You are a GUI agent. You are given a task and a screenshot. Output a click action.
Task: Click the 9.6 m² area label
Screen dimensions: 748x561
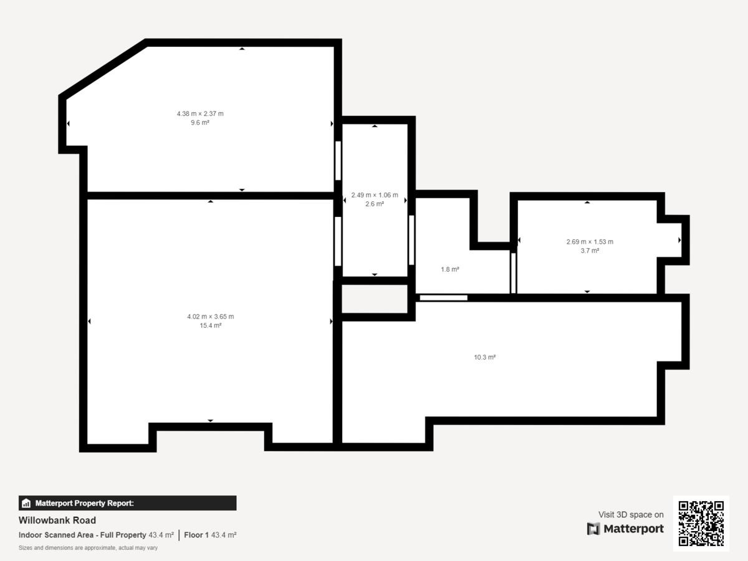[x=200, y=123]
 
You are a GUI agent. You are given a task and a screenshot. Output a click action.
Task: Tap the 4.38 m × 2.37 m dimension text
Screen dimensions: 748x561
[x=200, y=114]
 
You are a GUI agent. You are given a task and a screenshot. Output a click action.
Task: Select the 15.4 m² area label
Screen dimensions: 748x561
[x=211, y=325]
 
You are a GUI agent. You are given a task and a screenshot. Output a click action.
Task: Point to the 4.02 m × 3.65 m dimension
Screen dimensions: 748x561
[x=211, y=317]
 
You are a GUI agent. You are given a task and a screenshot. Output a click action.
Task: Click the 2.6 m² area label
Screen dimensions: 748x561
[x=375, y=204]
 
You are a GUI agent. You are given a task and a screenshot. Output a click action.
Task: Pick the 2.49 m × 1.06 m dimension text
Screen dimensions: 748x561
[x=375, y=195]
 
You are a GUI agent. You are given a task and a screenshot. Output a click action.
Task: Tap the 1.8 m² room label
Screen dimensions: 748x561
[x=450, y=269]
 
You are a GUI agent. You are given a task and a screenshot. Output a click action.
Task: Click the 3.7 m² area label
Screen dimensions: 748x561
[x=590, y=251]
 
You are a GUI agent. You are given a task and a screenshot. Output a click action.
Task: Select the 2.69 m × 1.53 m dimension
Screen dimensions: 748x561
[x=590, y=242]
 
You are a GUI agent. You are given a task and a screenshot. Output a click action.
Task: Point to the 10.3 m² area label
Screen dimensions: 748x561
[x=484, y=357]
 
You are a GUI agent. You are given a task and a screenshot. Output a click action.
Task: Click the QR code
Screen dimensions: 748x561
[x=701, y=524]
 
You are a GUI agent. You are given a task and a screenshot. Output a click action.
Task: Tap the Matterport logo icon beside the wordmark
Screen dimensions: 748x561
[x=593, y=529]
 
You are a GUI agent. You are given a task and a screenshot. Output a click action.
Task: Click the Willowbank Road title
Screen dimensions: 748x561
[x=57, y=520]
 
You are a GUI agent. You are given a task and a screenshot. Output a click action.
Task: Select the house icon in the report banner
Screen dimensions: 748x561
[x=26, y=503]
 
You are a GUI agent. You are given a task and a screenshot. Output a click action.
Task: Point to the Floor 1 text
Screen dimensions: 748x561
[x=196, y=535]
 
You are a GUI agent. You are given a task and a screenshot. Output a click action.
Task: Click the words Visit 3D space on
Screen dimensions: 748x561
[x=631, y=515]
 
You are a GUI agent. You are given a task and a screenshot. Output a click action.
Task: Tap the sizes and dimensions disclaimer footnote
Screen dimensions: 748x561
[x=89, y=548]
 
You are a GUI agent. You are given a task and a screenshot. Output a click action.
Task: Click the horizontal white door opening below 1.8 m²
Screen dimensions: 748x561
[x=443, y=298]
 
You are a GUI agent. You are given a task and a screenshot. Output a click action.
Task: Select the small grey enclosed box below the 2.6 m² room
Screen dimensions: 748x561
[x=375, y=299]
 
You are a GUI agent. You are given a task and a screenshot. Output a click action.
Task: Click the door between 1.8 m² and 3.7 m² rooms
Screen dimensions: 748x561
[x=514, y=273]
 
